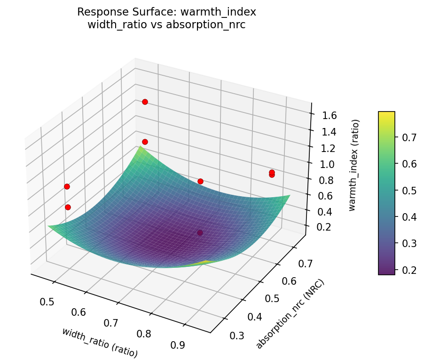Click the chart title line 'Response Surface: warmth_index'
(166, 12)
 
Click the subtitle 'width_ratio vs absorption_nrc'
(166, 24)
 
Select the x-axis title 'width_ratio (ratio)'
(100, 341)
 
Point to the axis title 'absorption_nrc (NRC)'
(290, 313)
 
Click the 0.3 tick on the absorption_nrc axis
(237, 335)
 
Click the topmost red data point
(145, 102)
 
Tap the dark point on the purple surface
(200, 232)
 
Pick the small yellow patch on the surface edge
(206, 261)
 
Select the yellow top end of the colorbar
(386, 113)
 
